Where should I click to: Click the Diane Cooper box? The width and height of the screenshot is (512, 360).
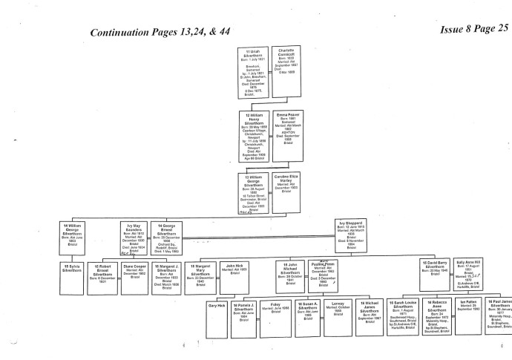tap(134, 272)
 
